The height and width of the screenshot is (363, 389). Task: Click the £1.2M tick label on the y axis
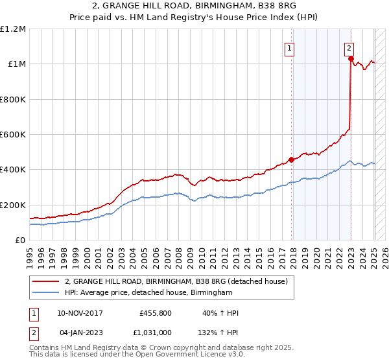[13, 29]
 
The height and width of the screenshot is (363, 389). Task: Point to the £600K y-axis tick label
[13, 134]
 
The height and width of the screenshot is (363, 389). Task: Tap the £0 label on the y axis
[20, 240]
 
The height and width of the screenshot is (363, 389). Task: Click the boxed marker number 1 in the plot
[289, 47]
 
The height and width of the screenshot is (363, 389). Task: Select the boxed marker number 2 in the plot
[349, 47]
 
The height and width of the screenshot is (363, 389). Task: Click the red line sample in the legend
[46, 281]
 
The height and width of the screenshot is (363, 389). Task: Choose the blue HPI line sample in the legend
[46, 293]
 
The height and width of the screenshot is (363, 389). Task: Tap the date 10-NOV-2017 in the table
[80, 313]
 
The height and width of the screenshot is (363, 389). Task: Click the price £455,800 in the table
[156, 313]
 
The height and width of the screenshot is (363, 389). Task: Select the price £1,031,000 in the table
[154, 333]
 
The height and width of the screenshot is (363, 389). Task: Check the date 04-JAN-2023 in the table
[80, 333]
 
